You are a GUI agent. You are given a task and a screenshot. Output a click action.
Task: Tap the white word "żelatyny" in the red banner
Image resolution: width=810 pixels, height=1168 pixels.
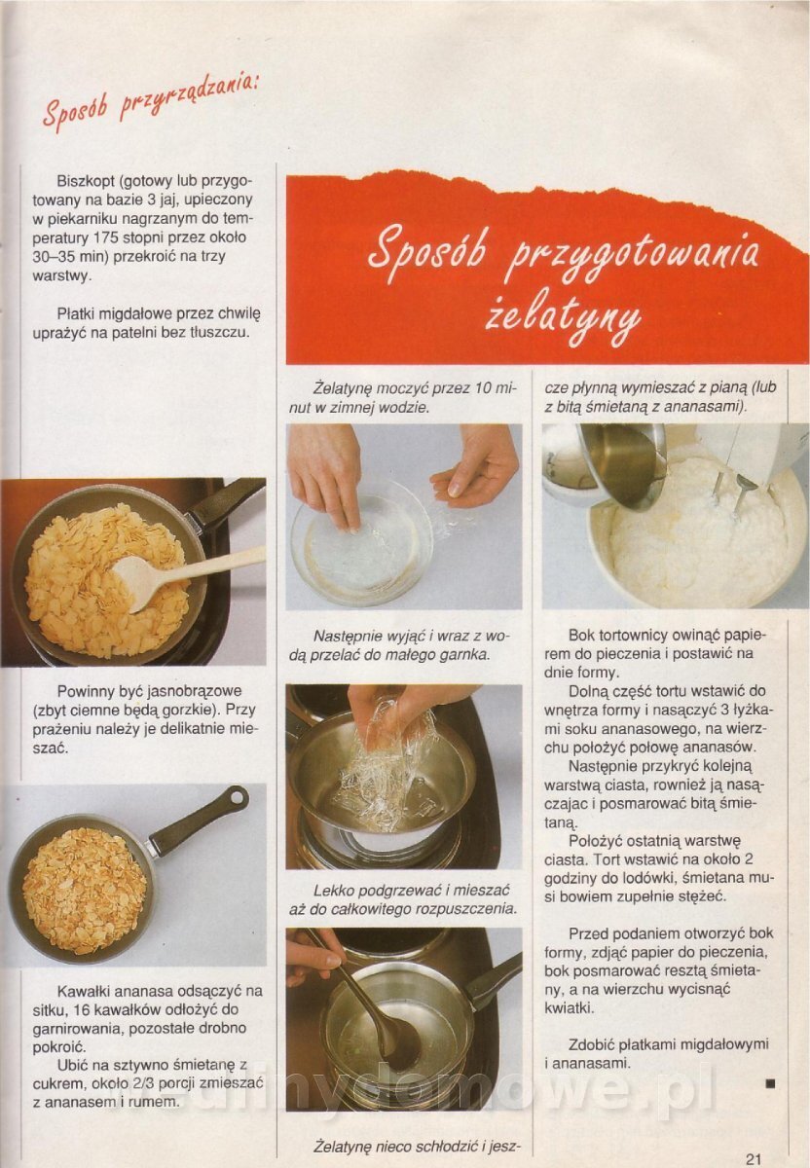(564, 318)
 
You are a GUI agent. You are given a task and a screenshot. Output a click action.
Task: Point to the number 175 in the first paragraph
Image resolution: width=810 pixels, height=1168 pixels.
(106, 237)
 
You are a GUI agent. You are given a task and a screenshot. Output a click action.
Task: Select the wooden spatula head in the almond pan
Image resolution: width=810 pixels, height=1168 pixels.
(136, 582)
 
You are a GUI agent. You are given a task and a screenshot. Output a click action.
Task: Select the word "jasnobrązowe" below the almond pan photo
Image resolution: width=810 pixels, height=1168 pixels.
(195, 691)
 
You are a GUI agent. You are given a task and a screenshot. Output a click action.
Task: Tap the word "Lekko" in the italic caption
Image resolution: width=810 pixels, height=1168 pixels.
(332, 890)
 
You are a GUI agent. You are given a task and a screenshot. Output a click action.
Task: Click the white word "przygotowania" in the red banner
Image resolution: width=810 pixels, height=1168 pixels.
(632, 254)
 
